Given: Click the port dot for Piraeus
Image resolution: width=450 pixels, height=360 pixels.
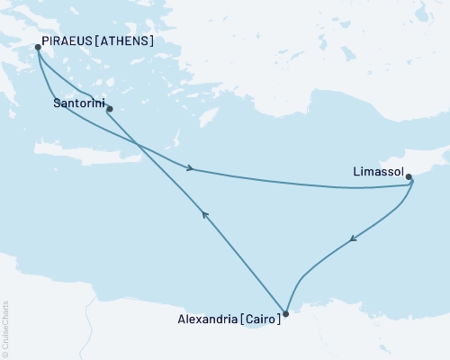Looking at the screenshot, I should click(x=38, y=48).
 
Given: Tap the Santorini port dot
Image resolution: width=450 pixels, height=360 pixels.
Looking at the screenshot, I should click(x=109, y=110).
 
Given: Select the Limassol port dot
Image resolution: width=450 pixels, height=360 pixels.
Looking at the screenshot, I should click(x=409, y=177).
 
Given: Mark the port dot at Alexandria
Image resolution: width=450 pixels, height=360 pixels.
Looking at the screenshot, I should click(x=285, y=314).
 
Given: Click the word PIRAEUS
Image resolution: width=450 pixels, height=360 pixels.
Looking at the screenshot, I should click(x=68, y=41).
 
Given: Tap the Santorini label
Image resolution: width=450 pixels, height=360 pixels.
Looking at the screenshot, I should click(x=76, y=104).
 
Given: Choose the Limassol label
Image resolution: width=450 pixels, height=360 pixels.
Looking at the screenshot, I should click(x=374, y=167).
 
